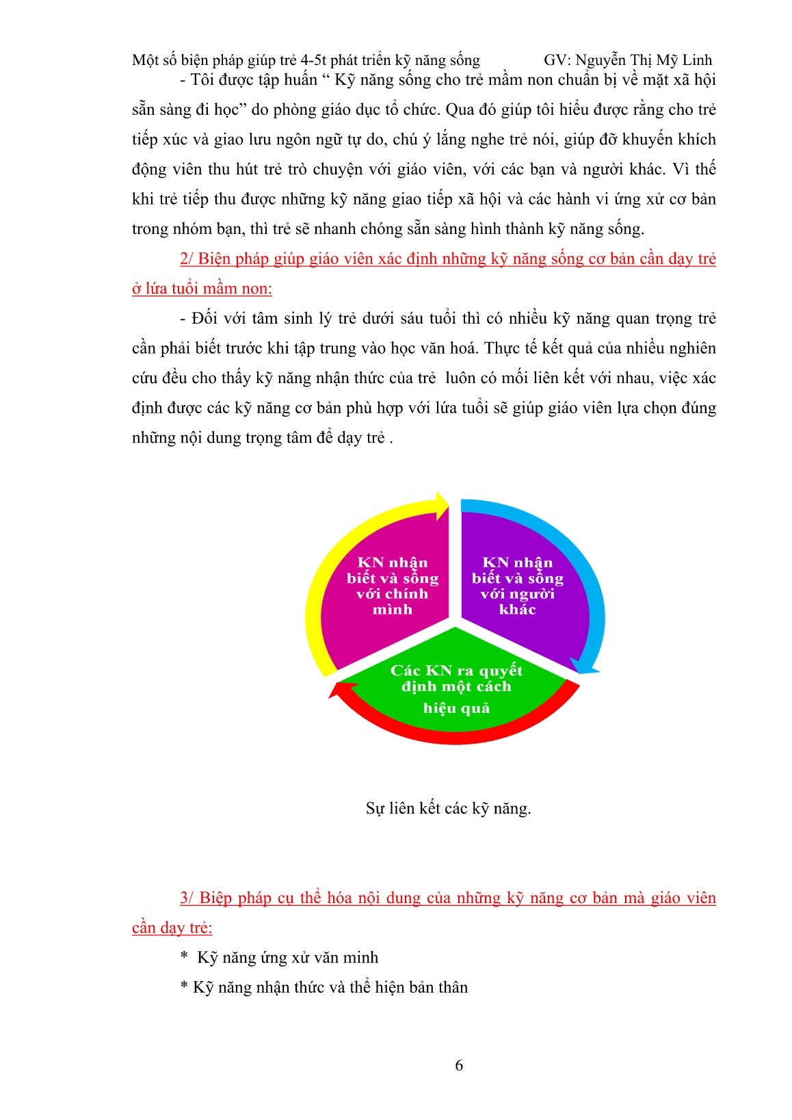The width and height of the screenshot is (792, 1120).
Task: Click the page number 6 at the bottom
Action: point(459,1065)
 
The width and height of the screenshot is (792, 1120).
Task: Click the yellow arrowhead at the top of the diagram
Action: point(441,505)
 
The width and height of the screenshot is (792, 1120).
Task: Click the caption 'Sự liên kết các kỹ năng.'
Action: point(448,809)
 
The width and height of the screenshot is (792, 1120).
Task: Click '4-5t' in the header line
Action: point(313,60)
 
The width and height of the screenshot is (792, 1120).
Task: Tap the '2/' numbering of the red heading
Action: point(187,259)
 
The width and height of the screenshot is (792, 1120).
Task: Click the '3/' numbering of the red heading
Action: point(187,898)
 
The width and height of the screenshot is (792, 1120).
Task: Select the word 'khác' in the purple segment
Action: point(517,610)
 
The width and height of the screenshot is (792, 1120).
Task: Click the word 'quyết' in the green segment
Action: point(501,670)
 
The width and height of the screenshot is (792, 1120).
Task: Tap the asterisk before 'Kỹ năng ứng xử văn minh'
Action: point(184,958)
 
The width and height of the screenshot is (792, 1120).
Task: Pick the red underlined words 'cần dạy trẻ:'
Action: point(172,928)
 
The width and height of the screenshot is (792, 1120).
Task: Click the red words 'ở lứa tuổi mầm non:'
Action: point(202,289)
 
